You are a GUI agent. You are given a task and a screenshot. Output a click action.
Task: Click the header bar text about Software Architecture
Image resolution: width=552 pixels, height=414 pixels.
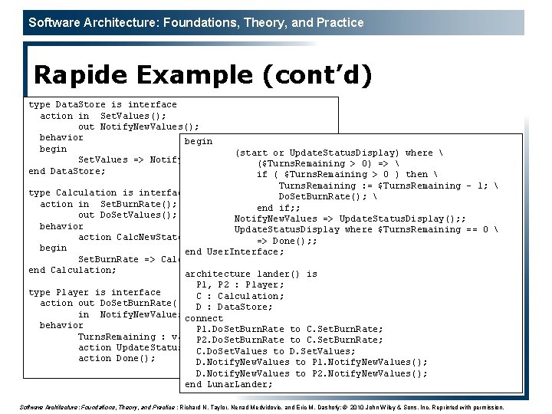pos(196,22)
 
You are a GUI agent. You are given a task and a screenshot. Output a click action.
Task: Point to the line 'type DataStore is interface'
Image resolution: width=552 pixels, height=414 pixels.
pos(102,104)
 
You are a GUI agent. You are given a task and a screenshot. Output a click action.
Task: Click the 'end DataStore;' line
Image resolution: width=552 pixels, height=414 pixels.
pos(67,171)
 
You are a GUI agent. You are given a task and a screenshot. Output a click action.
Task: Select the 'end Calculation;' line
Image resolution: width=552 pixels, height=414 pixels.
pos(72,270)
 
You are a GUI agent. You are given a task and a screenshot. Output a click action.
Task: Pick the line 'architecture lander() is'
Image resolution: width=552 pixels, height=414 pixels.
pos(251,274)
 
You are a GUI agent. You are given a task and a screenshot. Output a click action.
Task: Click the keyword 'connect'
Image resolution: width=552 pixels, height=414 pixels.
pos(204,318)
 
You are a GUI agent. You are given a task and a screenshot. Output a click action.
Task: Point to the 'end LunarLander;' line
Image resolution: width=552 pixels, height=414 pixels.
pos(228,384)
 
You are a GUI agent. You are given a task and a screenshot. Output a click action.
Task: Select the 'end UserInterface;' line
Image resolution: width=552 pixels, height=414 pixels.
pos(234,251)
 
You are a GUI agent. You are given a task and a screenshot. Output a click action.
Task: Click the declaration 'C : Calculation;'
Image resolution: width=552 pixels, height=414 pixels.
pos(240,296)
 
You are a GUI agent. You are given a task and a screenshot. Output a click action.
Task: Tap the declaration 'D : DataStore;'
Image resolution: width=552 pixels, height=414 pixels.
pos(234,307)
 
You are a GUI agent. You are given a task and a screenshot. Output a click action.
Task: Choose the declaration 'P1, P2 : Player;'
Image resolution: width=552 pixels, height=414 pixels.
pos(240,284)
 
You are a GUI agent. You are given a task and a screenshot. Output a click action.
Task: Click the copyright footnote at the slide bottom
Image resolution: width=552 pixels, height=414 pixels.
pos(261,407)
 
